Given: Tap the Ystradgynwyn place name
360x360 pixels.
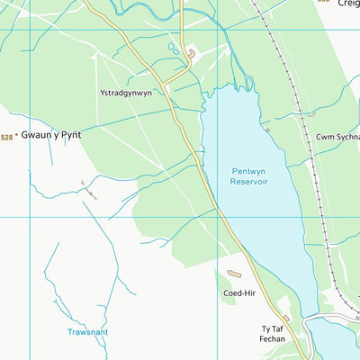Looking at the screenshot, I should tap(125, 93).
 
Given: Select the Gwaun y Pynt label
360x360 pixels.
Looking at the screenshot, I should tap(51, 135).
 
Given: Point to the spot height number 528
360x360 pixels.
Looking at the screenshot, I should tap(7, 137).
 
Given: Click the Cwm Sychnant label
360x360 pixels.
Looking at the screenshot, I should tap(338, 137).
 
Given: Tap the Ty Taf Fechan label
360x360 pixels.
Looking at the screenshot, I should tap(273, 335).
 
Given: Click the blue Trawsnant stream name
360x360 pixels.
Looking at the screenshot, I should tap(88, 332).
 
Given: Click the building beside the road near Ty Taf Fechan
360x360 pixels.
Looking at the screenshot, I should tap(286, 319).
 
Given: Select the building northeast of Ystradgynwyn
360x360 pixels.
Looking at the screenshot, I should tap(192, 56).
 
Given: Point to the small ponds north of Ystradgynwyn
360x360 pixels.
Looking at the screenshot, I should tap(173, 48).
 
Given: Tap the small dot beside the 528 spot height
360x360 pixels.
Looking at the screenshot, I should tap(17, 136).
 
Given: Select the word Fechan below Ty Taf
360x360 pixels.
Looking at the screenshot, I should tap(273, 341).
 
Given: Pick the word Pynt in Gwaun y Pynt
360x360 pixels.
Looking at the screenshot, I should tap(69, 135).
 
